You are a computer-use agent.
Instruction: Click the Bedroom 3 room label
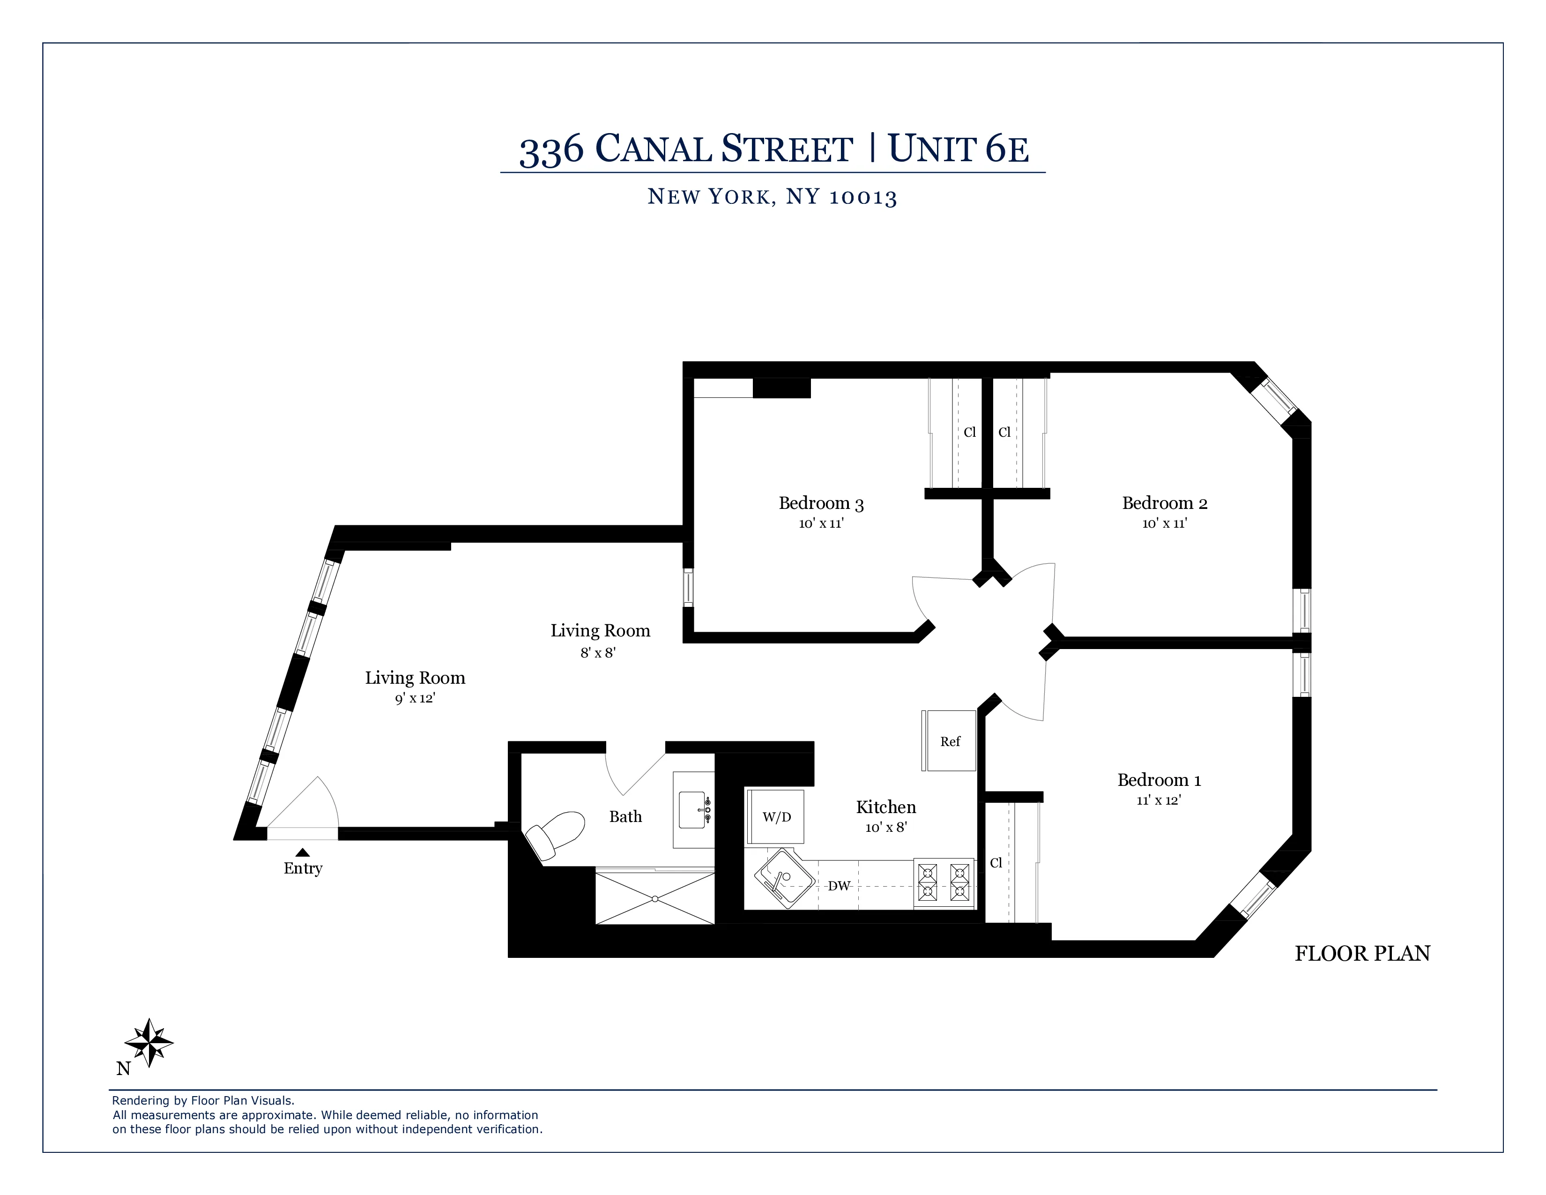821,503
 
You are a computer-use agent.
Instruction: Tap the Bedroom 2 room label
1165,503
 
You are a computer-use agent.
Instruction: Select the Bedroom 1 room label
1159,780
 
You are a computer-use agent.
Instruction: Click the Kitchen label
885,807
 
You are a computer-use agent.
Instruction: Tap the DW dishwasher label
839,886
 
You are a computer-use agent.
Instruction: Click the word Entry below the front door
303,869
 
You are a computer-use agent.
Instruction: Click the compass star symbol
149,1042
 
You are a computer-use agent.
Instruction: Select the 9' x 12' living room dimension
415,699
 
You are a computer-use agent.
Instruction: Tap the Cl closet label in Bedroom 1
996,863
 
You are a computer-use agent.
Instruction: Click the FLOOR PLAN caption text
1362,954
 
